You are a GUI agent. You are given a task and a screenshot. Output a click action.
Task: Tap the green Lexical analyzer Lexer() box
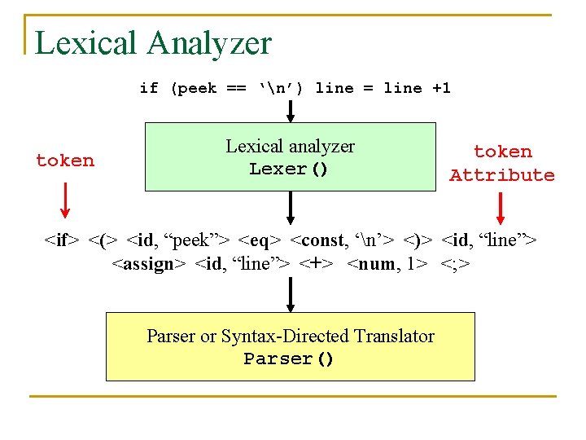tap(291, 156)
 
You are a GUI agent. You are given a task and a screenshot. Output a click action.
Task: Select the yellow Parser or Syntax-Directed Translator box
tap(291, 346)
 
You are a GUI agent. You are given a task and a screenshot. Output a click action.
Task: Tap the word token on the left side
tap(65, 161)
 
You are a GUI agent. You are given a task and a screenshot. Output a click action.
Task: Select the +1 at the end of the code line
tap(440, 88)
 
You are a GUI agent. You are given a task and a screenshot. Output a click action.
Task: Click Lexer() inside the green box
tap(289, 169)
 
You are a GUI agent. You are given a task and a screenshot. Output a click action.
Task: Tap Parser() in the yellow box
tap(289, 359)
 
